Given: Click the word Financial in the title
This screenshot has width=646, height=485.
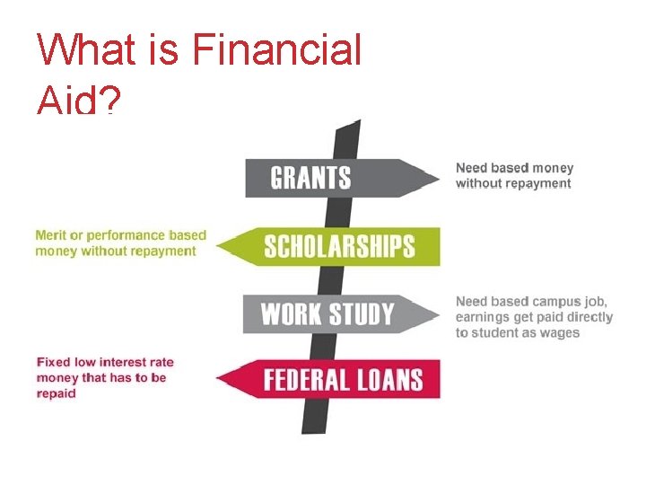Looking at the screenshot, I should [276, 49].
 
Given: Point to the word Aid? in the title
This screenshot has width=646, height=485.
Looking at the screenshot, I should [77, 101].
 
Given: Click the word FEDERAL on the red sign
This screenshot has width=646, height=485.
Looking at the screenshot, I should [305, 380].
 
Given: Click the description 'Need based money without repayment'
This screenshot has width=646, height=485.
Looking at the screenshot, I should [514, 175].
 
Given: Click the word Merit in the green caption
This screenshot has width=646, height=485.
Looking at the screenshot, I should [52, 235].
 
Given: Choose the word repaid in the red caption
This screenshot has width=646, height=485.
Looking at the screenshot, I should [56, 393].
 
